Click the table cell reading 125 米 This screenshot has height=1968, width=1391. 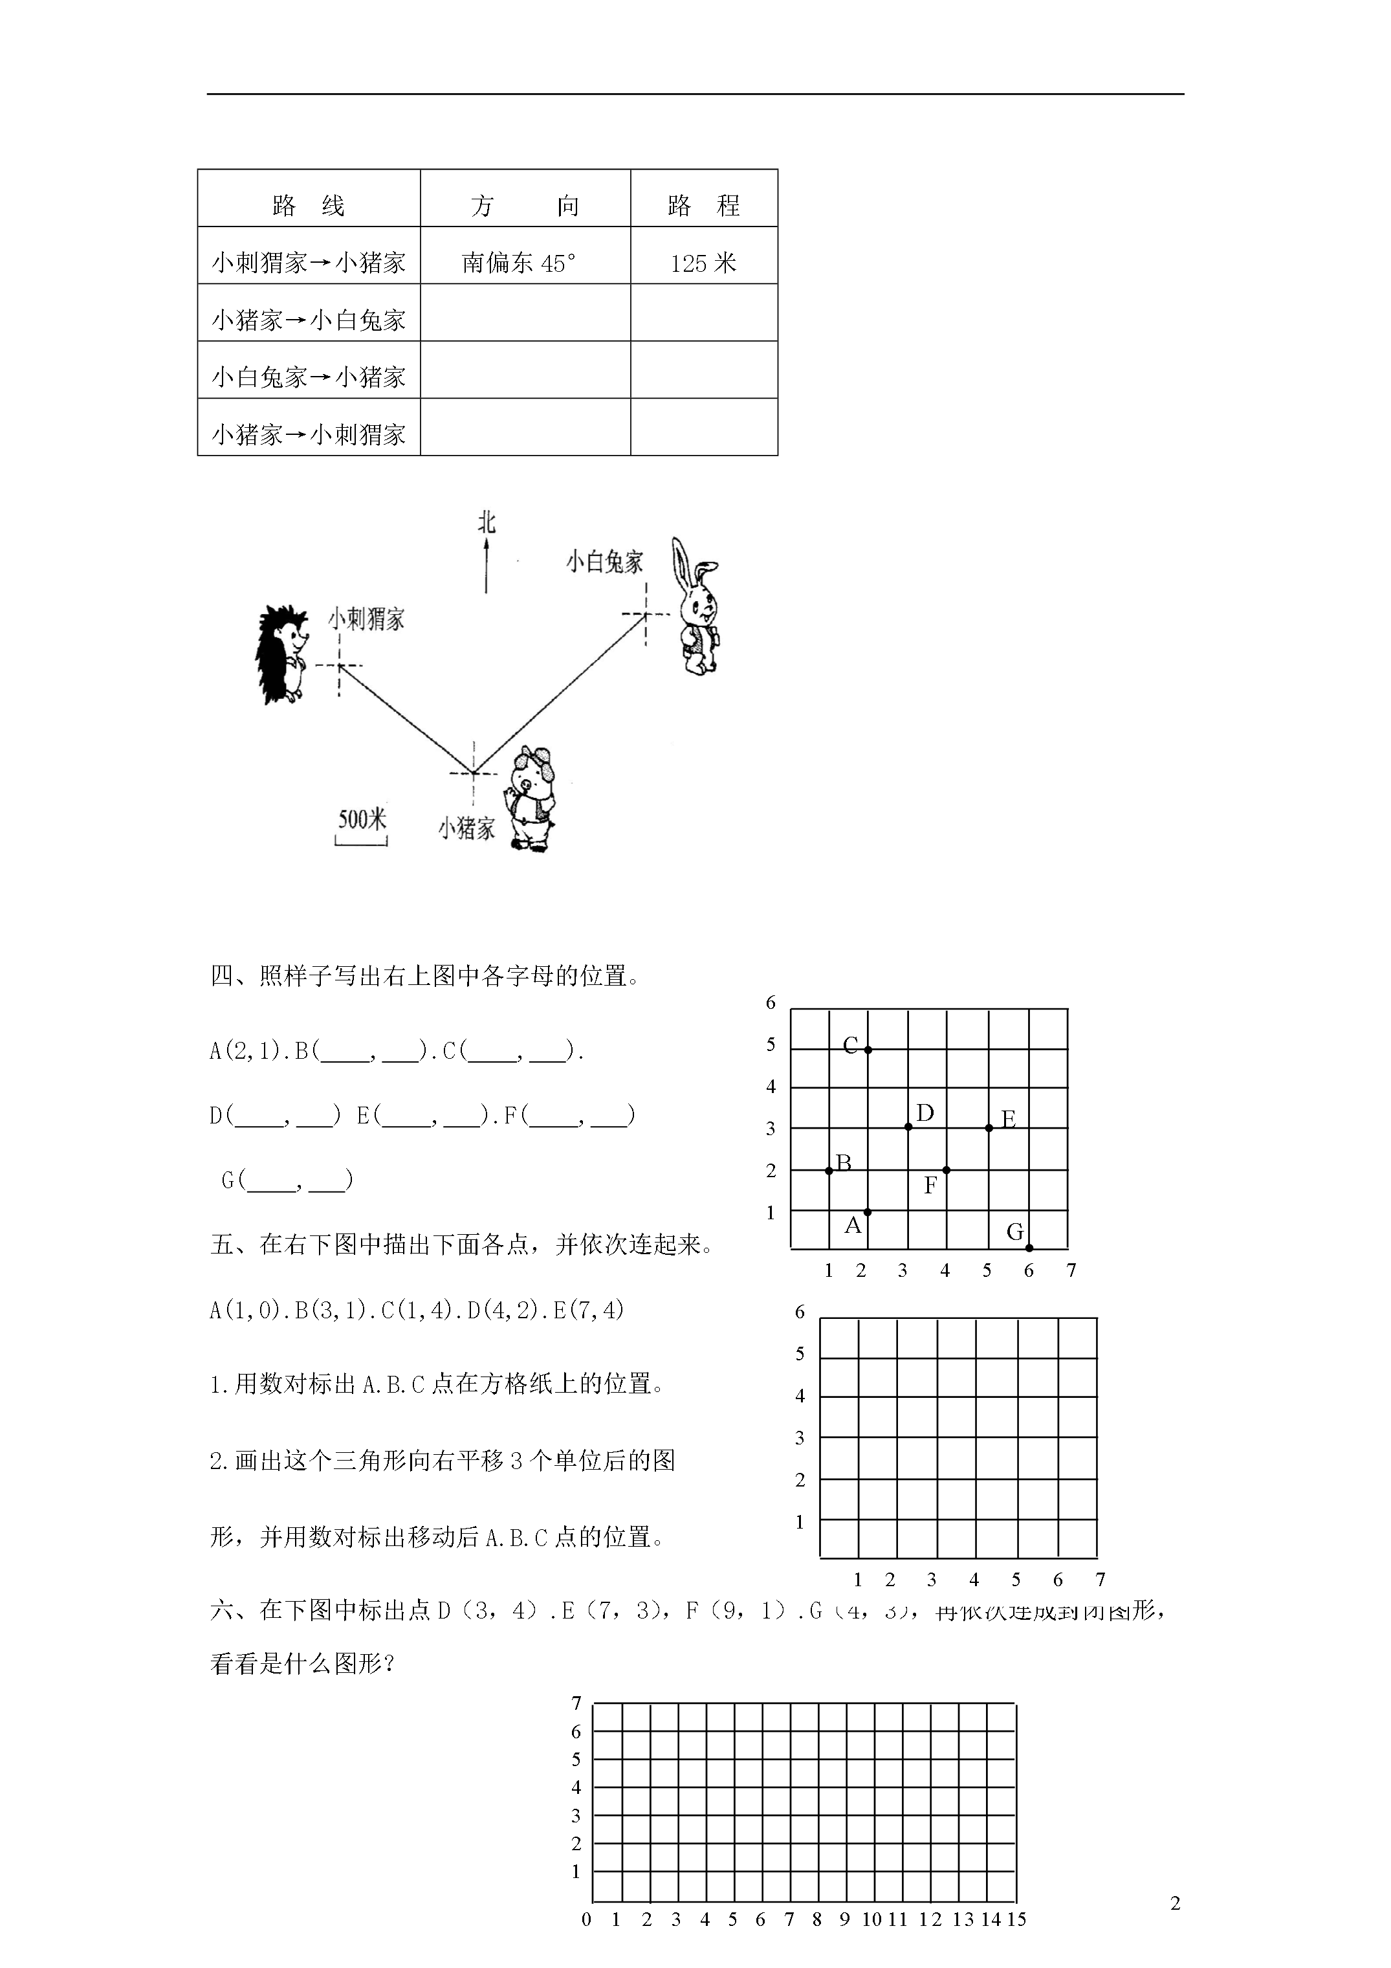point(704,262)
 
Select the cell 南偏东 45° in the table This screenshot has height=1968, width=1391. point(520,262)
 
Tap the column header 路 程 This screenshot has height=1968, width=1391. point(704,205)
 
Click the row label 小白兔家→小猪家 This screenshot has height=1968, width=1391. point(309,376)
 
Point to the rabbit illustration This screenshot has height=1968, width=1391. point(697,607)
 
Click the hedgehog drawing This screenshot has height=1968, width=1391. point(282,655)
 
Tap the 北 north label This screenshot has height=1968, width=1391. point(487,523)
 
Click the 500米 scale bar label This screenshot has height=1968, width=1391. point(362,819)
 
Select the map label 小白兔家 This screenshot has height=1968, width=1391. point(604,562)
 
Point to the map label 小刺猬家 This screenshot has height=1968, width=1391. point(367,619)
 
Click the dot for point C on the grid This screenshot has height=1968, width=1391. point(868,1049)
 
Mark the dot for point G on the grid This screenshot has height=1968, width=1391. point(1029,1248)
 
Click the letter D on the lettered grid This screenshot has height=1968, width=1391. point(925,1112)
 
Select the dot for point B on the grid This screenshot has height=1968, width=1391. point(829,1170)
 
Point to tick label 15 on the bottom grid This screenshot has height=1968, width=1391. point(1016,1943)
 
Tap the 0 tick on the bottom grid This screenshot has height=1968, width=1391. point(586,1943)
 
